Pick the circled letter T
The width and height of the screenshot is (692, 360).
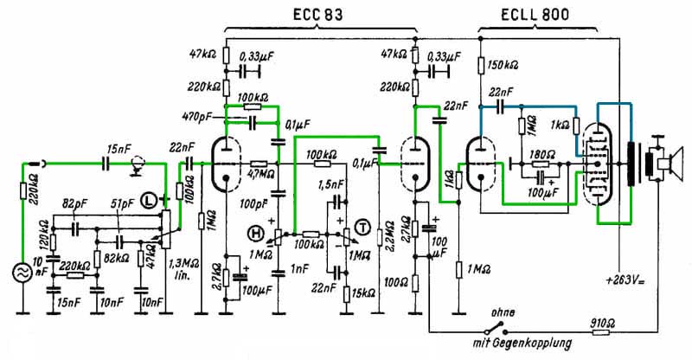(x=362, y=228)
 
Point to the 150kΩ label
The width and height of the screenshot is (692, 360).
(x=504, y=65)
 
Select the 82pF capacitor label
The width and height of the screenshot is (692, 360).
(x=75, y=204)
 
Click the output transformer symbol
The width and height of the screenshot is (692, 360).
(x=638, y=162)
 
